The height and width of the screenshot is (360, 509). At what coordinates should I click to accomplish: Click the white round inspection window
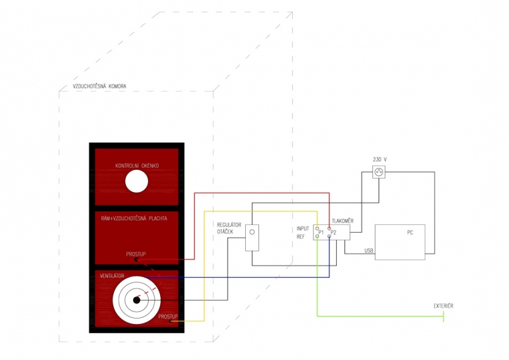137,181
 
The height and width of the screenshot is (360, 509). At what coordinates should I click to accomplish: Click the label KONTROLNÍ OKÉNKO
137,165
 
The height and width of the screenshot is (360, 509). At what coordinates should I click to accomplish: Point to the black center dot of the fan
137,300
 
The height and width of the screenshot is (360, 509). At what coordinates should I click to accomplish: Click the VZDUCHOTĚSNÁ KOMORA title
99,86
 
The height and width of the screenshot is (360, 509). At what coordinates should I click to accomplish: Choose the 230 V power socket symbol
380,172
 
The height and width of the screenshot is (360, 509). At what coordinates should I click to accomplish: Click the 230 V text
380,159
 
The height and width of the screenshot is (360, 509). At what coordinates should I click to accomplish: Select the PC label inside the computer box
410,234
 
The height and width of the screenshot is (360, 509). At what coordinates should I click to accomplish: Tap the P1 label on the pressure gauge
321,232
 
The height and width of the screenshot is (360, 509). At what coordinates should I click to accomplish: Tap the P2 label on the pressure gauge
334,232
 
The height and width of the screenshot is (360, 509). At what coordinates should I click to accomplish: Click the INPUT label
304,228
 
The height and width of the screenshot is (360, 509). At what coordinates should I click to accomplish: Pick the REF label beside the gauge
301,236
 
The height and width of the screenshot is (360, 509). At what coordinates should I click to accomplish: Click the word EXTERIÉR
443,306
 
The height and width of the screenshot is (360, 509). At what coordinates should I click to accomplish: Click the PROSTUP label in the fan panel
167,316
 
